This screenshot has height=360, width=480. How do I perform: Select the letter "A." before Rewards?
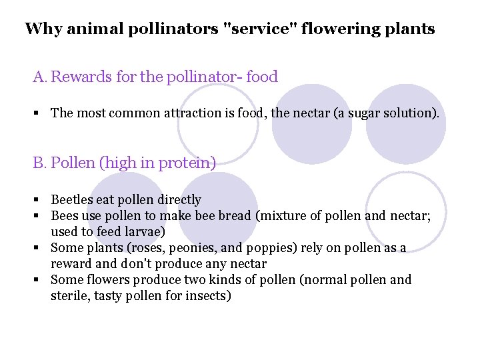(x=41, y=77)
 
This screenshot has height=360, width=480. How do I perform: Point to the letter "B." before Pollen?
(x=40, y=163)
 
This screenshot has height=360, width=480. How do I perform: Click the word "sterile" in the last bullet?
(x=69, y=295)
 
